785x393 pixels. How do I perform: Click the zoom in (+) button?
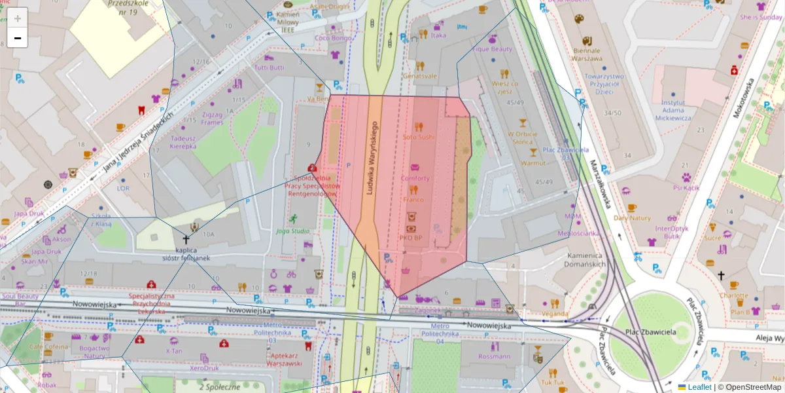click(18, 18)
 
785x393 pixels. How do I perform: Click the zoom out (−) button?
click(18, 38)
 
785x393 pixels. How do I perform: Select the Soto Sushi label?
click(418, 137)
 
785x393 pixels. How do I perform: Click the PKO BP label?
click(410, 237)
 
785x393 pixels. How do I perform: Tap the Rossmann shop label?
click(494, 356)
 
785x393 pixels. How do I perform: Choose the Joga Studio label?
click(292, 231)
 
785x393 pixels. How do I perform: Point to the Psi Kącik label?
click(686, 187)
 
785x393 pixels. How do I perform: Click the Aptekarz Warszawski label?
click(283, 359)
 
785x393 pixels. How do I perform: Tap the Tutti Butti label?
click(269, 67)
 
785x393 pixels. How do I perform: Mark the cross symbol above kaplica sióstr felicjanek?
click(186, 240)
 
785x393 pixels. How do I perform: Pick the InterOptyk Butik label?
click(672, 232)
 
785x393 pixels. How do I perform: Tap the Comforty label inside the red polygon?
click(415, 178)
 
